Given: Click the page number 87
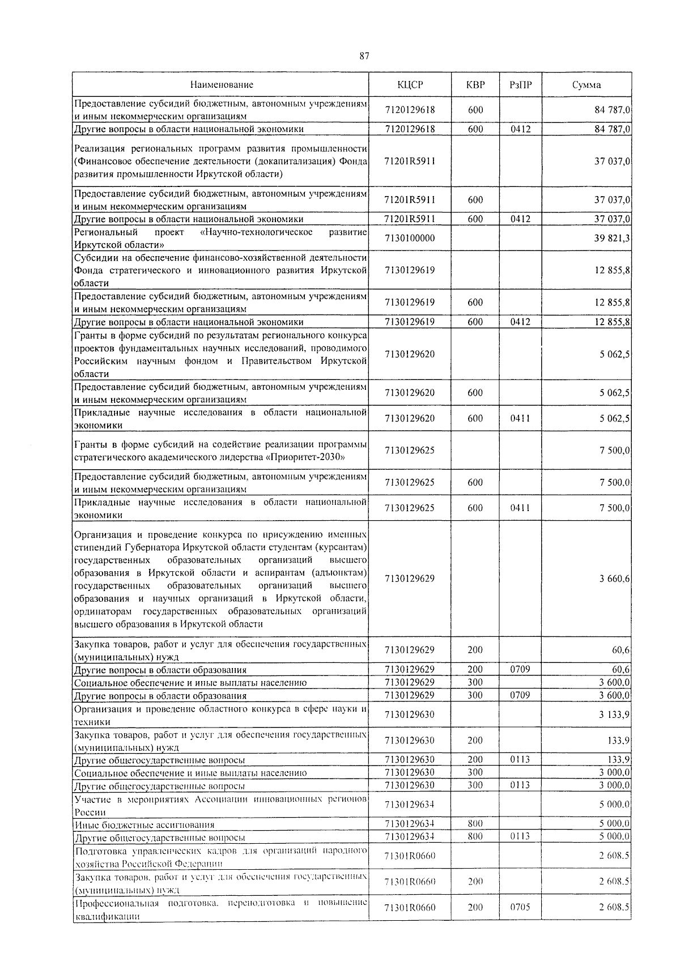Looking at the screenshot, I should (x=364, y=56).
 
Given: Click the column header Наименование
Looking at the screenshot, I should (x=222, y=85).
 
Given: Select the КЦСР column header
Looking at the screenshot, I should (x=410, y=85).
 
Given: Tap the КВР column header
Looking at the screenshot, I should (x=475, y=85).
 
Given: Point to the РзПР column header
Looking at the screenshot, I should (x=520, y=85).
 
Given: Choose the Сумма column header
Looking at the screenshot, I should (x=586, y=85).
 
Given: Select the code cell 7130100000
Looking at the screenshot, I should (x=410, y=239).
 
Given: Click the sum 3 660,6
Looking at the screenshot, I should (x=615, y=579).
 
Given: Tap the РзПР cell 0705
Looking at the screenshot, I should (x=520, y=907).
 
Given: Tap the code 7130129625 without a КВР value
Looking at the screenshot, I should (x=410, y=450).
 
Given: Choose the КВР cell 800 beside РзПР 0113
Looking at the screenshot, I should (x=475, y=837).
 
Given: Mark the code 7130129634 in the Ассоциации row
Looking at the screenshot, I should (x=410, y=805).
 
